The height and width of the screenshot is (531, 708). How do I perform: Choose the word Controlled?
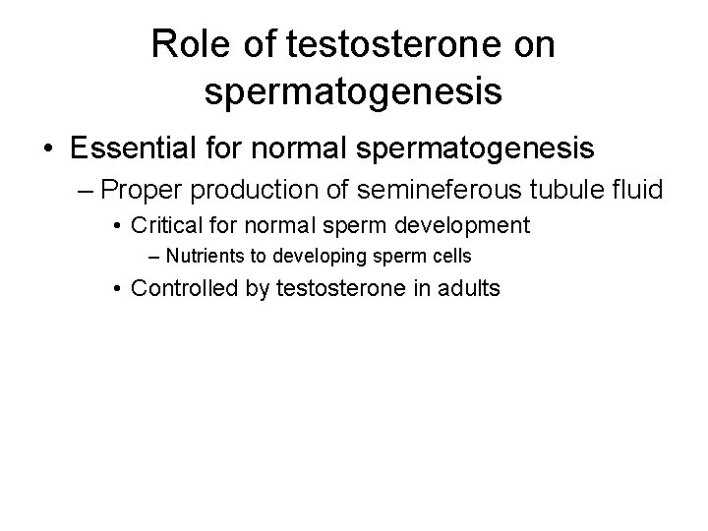pyautogui.click(x=182, y=289)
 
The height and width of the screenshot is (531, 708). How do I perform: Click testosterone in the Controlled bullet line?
pyautogui.click(x=332, y=289)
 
